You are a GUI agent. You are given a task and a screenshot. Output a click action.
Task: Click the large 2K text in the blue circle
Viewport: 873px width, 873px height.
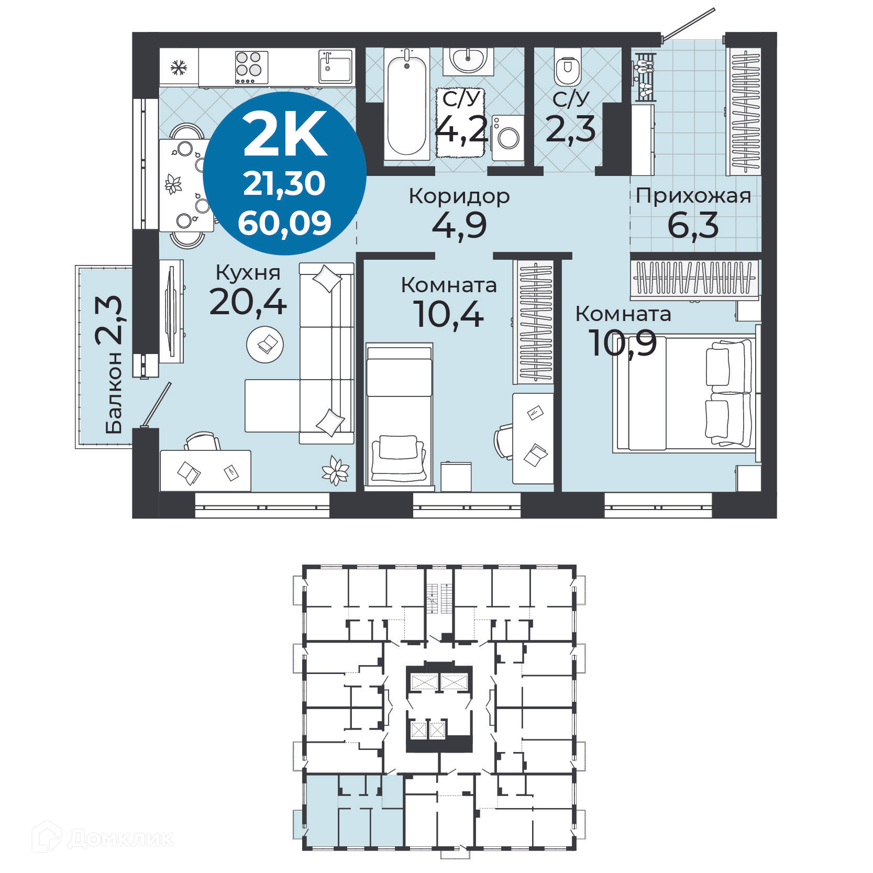(x=285, y=135)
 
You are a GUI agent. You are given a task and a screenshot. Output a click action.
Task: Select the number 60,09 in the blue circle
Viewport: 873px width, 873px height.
(x=284, y=223)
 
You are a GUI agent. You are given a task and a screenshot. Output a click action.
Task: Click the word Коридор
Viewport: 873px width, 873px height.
(x=459, y=196)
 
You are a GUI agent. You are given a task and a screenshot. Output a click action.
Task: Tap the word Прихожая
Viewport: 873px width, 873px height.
(x=693, y=196)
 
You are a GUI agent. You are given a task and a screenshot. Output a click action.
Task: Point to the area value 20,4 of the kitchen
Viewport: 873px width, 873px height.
(x=248, y=303)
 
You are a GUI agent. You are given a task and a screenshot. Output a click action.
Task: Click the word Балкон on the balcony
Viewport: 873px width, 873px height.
(x=114, y=393)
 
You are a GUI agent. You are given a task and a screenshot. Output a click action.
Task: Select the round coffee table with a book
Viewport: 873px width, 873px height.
(x=266, y=344)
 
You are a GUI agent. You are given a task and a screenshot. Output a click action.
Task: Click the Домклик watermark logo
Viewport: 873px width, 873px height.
(x=102, y=838)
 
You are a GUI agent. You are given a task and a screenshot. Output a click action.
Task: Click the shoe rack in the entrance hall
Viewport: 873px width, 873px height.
(x=644, y=76)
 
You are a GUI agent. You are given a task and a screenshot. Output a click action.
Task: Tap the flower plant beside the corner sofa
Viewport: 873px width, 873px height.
(x=335, y=470)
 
